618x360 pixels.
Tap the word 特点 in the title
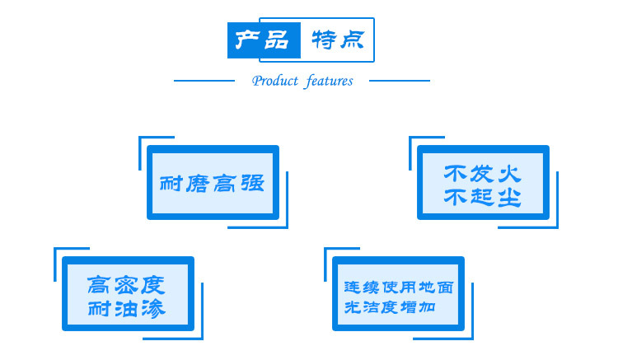click(x=338, y=39)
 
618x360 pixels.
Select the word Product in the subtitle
click(x=275, y=81)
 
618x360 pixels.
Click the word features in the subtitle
click(x=329, y=81)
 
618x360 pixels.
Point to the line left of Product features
click(x=205, y=81)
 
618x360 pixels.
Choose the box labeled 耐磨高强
click(x=213, y=183)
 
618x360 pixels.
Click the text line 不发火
click(x=482, y=174)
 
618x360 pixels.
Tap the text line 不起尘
click(x=482, y=197)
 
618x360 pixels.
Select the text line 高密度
click(x=127, y=285)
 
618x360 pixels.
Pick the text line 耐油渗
click(x=127, y=309)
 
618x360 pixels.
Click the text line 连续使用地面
click(x=398, y=288)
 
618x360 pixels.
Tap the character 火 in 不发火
click(x=508, y=174)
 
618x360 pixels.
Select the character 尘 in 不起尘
click(x=508, y=197)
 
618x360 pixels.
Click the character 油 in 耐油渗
click(x=127, y=309)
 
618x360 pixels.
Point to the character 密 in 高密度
click(x=127, y=285)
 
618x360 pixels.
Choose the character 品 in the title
click(x=278, y=40)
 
